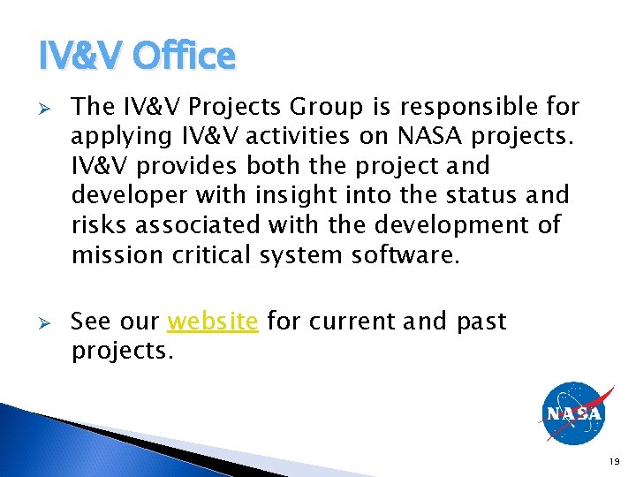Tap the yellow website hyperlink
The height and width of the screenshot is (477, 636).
click(213, 321)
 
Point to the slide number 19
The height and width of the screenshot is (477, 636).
click(616, 461)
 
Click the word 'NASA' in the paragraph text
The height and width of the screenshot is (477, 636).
click(428, 137)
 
